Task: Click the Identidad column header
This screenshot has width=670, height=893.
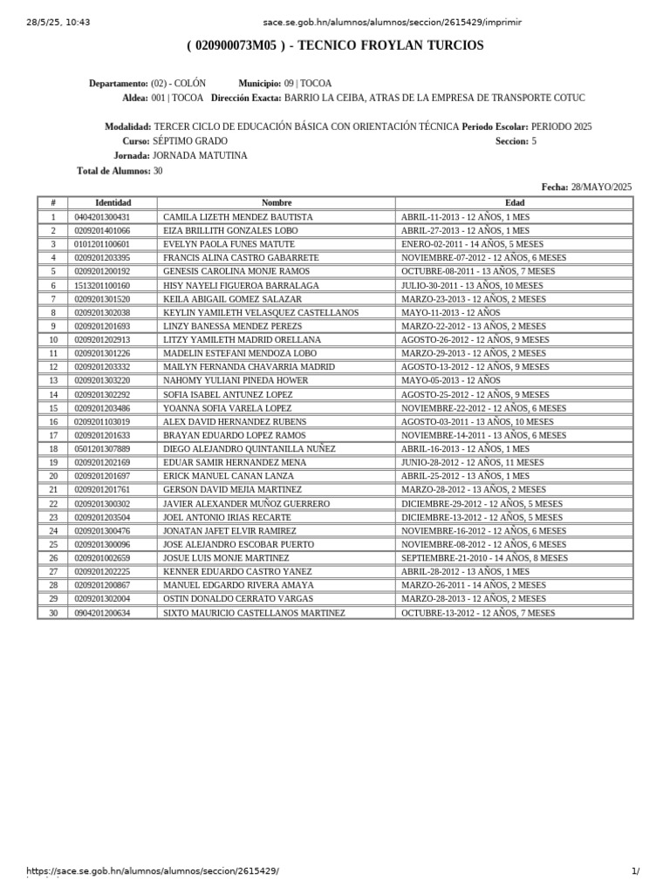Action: [113, 202]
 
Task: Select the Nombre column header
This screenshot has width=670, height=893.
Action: [277, 202]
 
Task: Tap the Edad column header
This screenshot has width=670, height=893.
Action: [515, 202]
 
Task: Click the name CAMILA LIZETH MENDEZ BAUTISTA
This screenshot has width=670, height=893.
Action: [238, 216]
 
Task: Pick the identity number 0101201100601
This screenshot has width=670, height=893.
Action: [102, 244]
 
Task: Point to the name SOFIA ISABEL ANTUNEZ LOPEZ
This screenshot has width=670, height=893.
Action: [228, 394]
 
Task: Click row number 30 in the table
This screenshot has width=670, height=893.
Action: [52, 613]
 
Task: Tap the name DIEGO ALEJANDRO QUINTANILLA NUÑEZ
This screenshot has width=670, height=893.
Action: [250, 449]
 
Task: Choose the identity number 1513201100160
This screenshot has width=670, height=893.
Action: [102, 285]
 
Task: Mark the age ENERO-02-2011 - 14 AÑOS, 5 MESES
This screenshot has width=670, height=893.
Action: [473, 244]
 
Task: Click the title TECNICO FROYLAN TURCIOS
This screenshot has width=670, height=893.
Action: [391, 45]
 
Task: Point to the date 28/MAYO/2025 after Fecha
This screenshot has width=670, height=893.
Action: [601, 187]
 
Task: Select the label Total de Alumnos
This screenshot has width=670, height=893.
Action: [113, 171]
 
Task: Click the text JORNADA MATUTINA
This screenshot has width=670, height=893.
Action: [200, 155]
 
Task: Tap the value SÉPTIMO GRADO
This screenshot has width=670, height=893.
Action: [190, 140]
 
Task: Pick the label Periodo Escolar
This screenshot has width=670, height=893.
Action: [495, 126]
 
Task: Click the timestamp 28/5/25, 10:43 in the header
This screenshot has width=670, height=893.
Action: [58, 22]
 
